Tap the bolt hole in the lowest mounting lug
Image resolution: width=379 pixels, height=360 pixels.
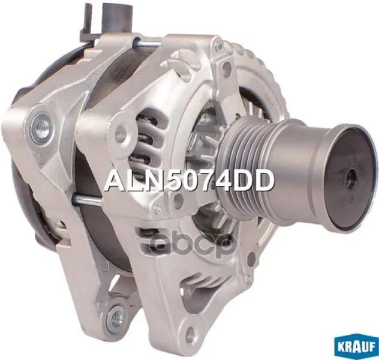[189, 333]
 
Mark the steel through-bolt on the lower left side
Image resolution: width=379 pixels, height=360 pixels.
[88, 199]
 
